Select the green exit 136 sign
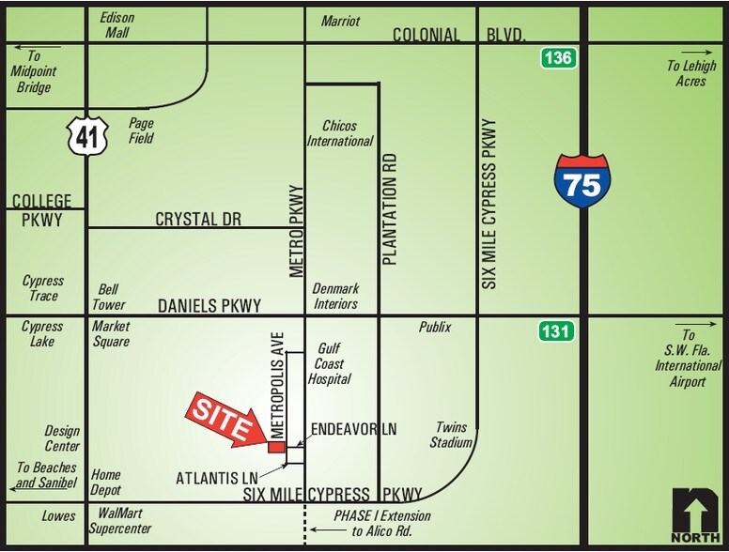click(555, 59)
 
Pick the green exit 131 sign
click(555, 331)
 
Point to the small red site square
click(276, 447)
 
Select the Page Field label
click(141, 130)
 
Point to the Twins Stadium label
click(449, 435)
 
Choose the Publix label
click(435, 328)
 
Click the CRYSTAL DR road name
click(198, 219)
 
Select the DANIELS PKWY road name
click(209, 305)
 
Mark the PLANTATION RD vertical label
click(391, 208)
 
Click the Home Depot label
click(106, 482)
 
